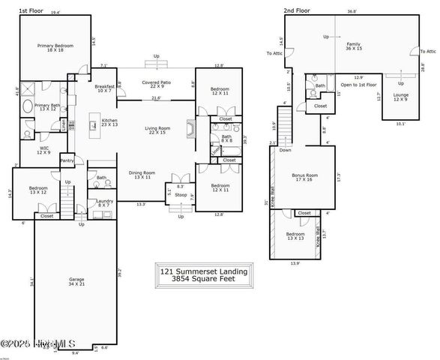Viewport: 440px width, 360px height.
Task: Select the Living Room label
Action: click(x=157, y=130)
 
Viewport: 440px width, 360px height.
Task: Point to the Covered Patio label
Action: click(x=157, y=84)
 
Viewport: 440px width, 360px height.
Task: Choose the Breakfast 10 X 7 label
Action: click(x=105, y=88)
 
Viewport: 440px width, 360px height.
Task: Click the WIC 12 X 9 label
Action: click(x=44, y=150)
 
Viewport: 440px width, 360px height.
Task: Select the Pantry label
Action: click(x=67, y=160)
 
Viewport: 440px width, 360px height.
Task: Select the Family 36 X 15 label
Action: click(x=353, y=47)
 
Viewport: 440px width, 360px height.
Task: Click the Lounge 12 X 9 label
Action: click(x=400, y=97)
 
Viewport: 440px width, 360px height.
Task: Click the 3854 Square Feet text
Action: click(x=204, y=277)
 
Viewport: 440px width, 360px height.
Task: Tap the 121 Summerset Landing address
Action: click(x=204, y=269)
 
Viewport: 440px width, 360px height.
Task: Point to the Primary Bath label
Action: click(x=46, y=107)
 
